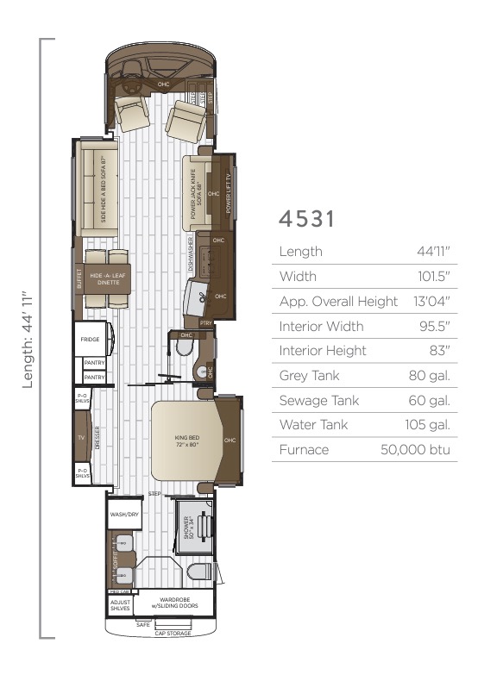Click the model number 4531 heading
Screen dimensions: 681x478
306,219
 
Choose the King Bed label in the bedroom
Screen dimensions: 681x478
186,441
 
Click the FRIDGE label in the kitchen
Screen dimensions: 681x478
91,340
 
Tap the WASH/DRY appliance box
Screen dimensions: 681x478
119,515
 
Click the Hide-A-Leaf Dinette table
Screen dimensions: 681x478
107,284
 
